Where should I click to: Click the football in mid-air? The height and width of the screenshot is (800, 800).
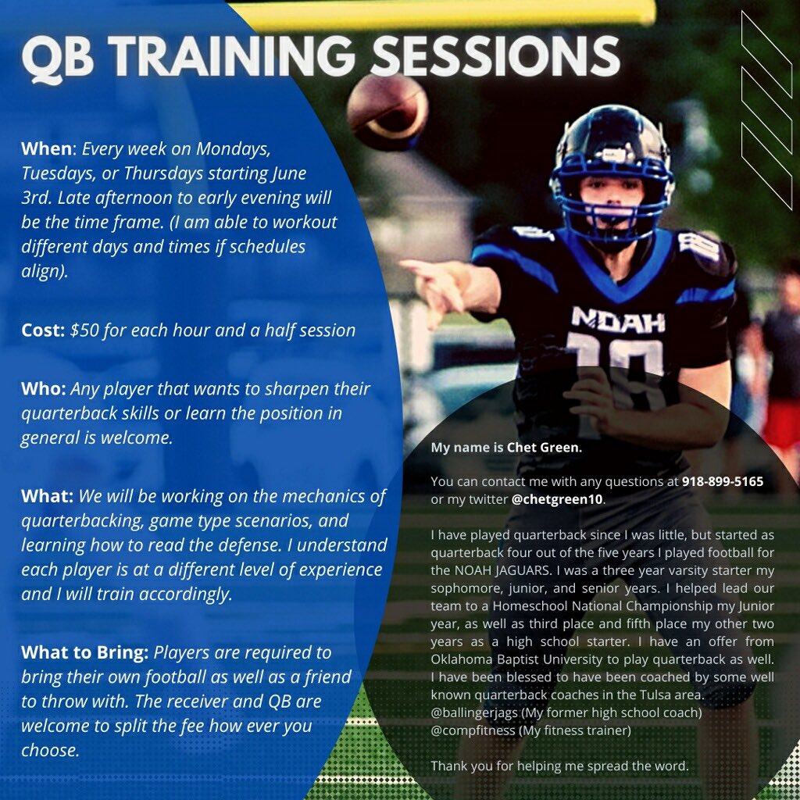tap(387, 112)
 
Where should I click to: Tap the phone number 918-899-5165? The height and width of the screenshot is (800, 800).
tap(722, 482)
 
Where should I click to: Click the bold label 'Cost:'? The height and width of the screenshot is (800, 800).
tap(43, 330)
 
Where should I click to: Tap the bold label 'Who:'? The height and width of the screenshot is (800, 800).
tap(44, 388)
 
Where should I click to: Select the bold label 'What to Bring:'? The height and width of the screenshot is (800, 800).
tap(85, 652)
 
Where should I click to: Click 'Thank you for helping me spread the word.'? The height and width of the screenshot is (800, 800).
tap(559, 766)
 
